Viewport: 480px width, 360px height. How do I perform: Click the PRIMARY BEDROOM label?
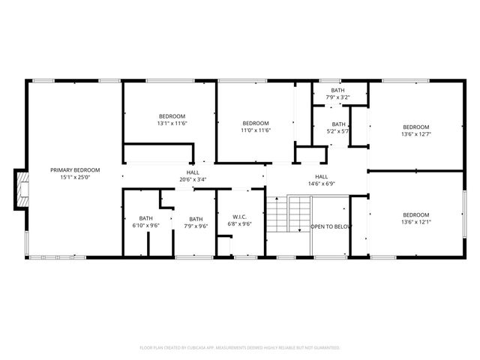[75, 170]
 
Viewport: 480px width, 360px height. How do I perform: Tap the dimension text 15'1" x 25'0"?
[75, 178]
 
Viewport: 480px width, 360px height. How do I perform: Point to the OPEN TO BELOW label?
[331, 226]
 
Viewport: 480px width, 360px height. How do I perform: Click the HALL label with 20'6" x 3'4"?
[193, 172]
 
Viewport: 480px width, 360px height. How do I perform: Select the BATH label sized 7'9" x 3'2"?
[339, 90]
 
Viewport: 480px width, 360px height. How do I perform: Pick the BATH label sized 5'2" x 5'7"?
[339, 124]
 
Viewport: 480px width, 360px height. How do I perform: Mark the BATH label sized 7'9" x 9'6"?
[195, 218]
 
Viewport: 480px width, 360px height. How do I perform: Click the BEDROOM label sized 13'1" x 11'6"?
[172, 115]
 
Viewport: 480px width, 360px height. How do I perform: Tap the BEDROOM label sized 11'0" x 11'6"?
[255, 123]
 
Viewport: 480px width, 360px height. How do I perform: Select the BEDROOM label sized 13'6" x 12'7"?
[416, 127]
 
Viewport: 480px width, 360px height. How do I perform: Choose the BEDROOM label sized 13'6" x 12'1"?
[416, 214]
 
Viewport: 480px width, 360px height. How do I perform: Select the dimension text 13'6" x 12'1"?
[416, 222]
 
